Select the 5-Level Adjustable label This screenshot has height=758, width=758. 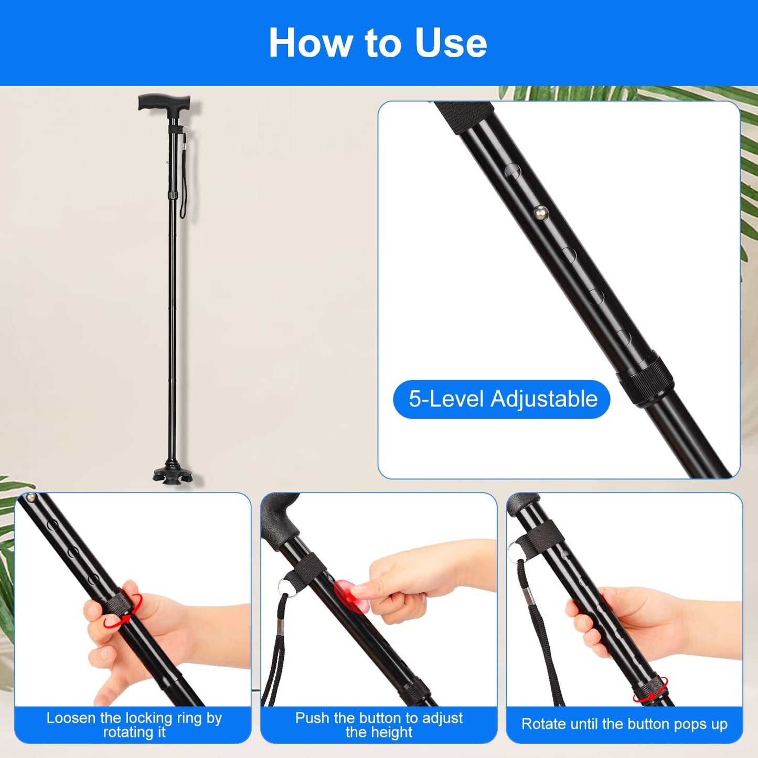(x=501, y=399)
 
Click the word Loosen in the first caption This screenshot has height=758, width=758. (x=71, y=718)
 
